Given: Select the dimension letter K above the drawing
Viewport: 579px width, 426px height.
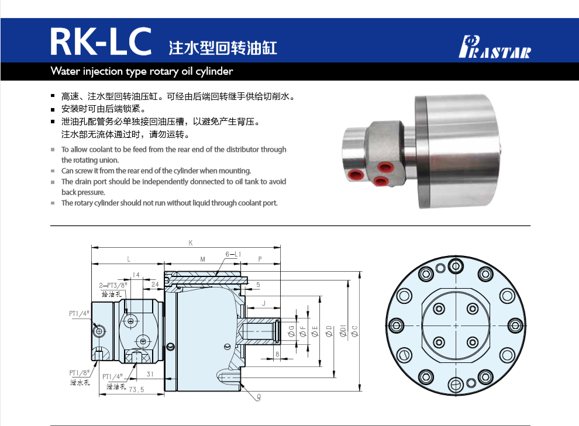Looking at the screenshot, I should click(190, 243).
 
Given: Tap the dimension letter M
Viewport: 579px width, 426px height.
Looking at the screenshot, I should click(202, 258).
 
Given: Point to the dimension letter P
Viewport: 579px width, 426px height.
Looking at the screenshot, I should click(260, 258).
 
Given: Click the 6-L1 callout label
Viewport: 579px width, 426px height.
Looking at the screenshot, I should click(233, 254).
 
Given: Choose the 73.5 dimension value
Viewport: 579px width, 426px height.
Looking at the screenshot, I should click(136, 389).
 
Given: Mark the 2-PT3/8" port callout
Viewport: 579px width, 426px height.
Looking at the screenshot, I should click(112, 285).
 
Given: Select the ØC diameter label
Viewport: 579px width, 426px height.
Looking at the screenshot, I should click(354, 331).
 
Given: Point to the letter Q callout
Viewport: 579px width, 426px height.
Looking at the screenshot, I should click(258, 396).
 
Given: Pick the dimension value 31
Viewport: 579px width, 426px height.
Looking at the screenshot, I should click(150, 374).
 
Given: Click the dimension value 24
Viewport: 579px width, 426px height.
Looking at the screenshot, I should click(155, 285).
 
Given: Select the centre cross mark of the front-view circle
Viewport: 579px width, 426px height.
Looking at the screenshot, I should click(456, 325).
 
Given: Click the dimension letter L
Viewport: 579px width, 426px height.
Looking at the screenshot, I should click(128, 258).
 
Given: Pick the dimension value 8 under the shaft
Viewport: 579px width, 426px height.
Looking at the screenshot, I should click(277, 354).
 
